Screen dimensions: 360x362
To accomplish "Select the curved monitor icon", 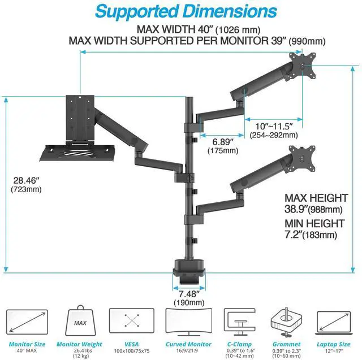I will pos(188,322).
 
